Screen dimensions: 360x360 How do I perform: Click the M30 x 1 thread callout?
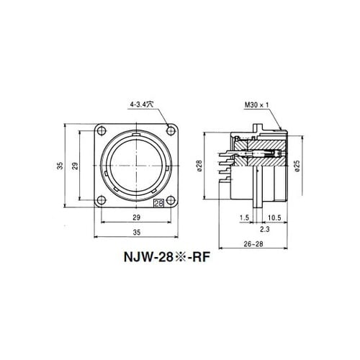click(256, 105)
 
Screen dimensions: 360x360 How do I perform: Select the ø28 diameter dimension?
click(200, 166)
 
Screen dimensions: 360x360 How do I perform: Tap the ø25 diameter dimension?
click(297, 166)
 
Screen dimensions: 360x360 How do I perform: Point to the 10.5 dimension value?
click(274, 217)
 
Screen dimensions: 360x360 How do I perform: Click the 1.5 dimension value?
click(244, 217)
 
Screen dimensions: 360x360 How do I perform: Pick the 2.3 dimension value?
click(265, 229)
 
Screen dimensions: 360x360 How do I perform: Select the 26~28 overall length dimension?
click(253, 244)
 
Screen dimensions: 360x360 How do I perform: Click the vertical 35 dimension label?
click(60, 166)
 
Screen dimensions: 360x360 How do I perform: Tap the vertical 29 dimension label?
click(76, 166)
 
